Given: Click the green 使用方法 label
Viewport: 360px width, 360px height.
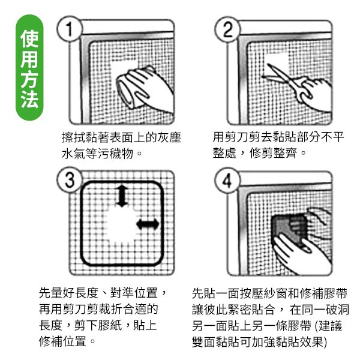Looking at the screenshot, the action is [29, 67].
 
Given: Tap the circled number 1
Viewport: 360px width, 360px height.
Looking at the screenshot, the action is [69, 29].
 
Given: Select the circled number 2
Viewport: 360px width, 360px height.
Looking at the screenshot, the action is [227, 29].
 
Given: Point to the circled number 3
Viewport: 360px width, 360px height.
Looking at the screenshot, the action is [69, 180].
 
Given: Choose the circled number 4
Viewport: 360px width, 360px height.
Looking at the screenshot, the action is [227, 180].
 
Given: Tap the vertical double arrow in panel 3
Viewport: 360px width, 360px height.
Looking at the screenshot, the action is [122, 196].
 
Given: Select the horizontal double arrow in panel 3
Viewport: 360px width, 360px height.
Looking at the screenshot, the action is [148, 224].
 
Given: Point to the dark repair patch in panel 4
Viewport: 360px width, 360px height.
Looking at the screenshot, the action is [289, 230].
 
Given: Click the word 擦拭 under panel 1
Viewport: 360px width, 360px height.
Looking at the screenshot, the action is [73, 137].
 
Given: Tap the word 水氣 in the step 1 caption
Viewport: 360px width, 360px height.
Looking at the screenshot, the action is [73, 154].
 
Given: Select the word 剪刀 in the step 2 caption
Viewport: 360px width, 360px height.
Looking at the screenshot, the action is [237, 137].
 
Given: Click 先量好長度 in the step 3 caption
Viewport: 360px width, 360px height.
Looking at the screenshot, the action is [68, 293].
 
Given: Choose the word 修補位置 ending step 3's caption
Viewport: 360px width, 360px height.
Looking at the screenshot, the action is [62, 341].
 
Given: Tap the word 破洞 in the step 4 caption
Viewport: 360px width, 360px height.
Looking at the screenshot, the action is [338, 310].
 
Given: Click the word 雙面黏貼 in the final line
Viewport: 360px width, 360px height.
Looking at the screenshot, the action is [216, 342].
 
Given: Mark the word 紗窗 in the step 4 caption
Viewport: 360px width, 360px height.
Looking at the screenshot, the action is [275, 293].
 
